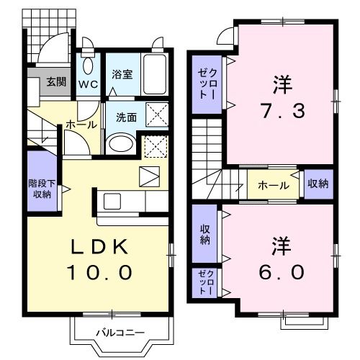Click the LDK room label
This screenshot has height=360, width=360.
[99, 247]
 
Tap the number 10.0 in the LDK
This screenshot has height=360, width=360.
[99, 273]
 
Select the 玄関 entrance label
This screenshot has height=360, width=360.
[57, 81]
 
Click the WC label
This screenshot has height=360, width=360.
[88, 84]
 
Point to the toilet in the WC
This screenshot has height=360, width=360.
[88, 66]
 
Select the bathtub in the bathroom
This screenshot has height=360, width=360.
[154, 71]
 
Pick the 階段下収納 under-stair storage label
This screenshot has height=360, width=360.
[40, 188]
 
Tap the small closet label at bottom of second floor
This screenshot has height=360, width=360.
[204, 283]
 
